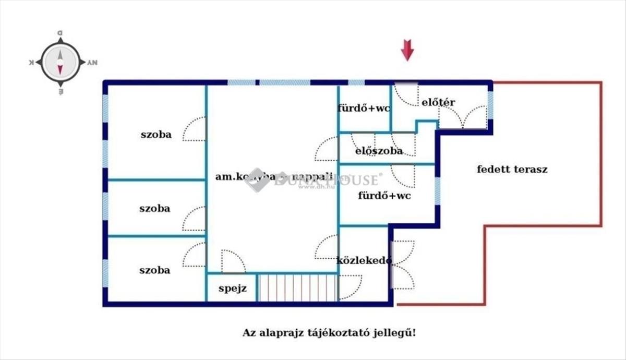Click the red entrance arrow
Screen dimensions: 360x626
pos(407,51)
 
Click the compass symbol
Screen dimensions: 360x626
pos(60,62)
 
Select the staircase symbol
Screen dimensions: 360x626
pos(298,287)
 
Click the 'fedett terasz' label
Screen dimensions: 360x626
pos(512,169)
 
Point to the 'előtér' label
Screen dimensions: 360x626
pos(438,102)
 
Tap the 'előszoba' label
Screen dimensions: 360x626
pos(379,151)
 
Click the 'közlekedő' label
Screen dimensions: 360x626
pos(364,261)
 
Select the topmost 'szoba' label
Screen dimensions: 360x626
pos(155,134)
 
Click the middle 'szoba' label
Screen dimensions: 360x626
pos(154,208)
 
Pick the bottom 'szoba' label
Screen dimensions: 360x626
pos(154,270)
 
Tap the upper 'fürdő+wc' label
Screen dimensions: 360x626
pos(364,109)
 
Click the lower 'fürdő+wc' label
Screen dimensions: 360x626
pos(384,196)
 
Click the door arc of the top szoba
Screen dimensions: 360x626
pos(195,129)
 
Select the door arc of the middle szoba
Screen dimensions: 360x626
pos(195,219)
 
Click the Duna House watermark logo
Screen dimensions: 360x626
pos(257,180)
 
